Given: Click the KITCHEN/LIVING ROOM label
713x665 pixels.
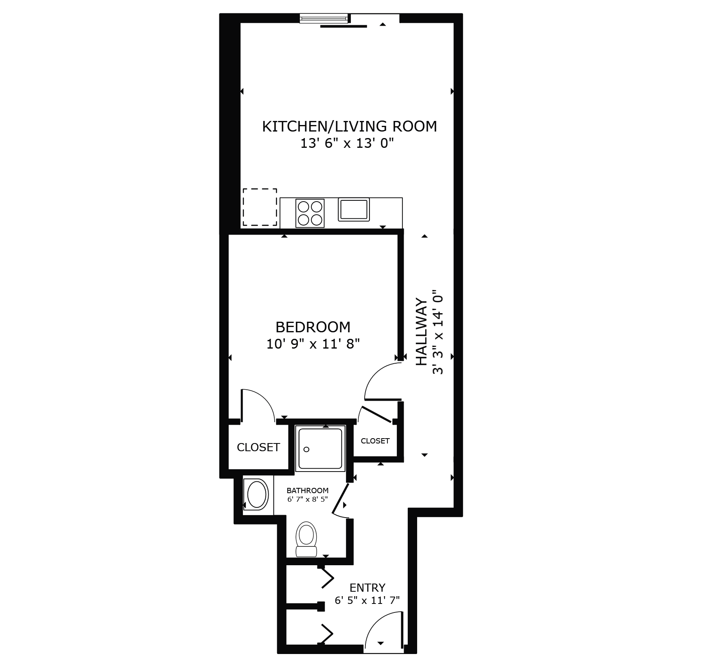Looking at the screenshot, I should pyautogui.click(x=349, y=126).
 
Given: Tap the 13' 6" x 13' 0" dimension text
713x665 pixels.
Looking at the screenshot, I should pyautogui.click(x=347, y=144).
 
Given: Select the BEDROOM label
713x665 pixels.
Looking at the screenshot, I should pyautogui.click(x=313, y=327).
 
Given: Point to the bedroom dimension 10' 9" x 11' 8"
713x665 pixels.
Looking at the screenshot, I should pyautogui.click(x=313, y=345).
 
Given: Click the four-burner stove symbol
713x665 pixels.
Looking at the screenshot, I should pyautogui.click(x=310, y=213).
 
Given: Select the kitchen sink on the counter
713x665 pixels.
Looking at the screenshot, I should pyautogui.click(x=353, y=209).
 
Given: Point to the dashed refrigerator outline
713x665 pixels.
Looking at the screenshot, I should pyautogui.click(x=260, y=207).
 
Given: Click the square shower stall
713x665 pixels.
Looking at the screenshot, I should pyautogui.click(x=320, y=448).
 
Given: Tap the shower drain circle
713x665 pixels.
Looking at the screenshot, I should pyautogui.click(x=306, y=449).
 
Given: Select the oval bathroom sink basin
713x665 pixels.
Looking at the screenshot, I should pyautogui.click(x=256, y=494).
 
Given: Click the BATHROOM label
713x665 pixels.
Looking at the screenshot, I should pyautogui.click(x=307, y=491).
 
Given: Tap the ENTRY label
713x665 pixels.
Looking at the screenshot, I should pyautogui.click(x=367, y=588).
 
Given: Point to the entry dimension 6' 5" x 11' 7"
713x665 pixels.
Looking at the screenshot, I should pyautogui.click(x=367, y=600).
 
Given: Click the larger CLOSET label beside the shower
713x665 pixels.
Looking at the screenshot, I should pyautogui.click(x=258, y=447).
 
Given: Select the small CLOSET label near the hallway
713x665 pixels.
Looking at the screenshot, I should pyautogui.click(x=375, y=441).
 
